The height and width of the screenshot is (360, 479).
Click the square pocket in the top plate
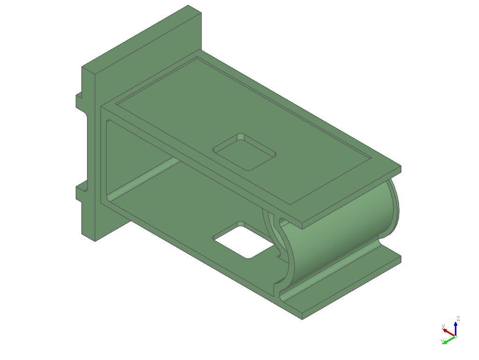[x=244, y=152]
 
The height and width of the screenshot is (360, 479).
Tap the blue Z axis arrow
[x=456, y=329]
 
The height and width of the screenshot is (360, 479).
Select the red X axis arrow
[x=449, y=332]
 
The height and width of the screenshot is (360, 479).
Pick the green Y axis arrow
[x=449, y=339]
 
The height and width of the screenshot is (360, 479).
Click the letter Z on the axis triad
[x=458, y=319]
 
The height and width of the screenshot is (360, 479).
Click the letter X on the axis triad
[x=443, y=327]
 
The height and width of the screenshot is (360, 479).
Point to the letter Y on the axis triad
[x=442, y=342]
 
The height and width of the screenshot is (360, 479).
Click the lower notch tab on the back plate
[x=81, y=191]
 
